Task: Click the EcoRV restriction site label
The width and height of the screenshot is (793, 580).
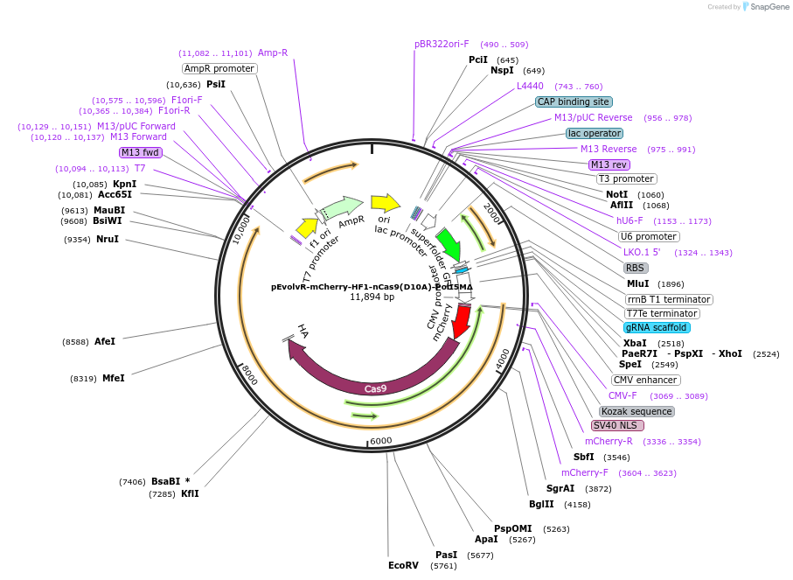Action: tap(403, 565)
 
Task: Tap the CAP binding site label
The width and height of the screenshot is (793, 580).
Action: tap(574, 101)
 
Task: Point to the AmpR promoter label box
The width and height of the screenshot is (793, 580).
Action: tap(219, 68)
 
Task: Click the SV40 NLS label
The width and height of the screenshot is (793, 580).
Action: tap(617, 426)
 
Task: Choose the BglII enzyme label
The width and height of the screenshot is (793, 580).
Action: tap(541, 504)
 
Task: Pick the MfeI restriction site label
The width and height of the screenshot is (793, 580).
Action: tap(114, 378)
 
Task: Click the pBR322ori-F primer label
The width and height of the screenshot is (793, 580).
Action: tap(442, 44)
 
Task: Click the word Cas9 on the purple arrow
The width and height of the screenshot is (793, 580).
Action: tap(376, 388)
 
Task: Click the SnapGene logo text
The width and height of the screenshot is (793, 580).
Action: tap(766, 7)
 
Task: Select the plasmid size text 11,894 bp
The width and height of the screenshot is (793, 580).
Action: tap(372, 297)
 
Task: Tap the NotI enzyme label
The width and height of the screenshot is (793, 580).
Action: tap(616, 194)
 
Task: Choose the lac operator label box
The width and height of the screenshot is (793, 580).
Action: tap(595, 133)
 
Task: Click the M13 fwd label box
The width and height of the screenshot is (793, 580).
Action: tap(140, 152)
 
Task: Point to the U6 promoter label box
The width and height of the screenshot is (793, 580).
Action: tap(648, 236)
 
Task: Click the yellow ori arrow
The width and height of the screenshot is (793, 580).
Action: tap(385, 203)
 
